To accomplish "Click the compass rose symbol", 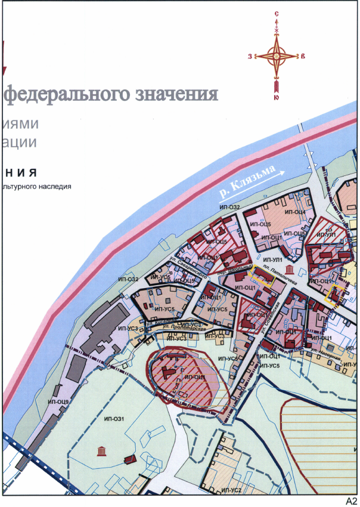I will pyautogui.click(x=277, y=55).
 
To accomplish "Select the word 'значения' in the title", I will pyautogui.click(x=175, y=94).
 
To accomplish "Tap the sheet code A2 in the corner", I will pyautogui.click(x=350, y=500).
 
